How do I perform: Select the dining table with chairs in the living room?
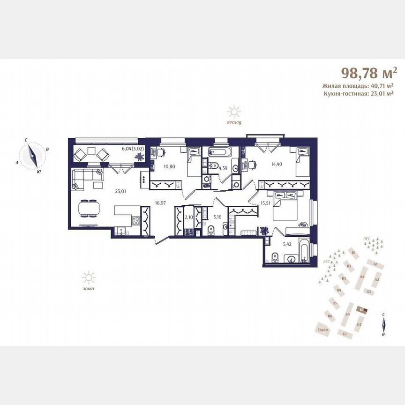(88, 208)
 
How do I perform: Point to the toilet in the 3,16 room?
(212, 229)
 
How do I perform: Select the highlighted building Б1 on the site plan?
(361, 310)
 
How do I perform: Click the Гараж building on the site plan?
(322, 330)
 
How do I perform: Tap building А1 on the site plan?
(375, 264)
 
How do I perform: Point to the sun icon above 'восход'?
(233, 112)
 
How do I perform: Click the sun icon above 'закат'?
(88, 278)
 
